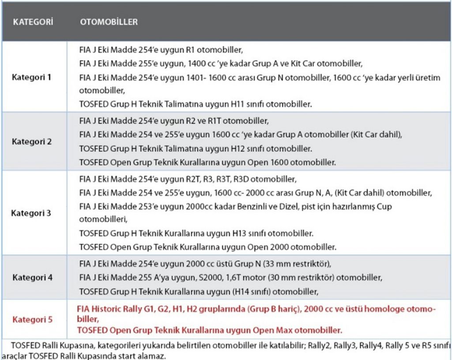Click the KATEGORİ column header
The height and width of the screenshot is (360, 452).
click(x=33, y=22)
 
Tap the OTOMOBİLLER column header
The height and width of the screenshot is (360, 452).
click(x=109, y=22)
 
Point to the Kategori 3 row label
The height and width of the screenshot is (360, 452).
click(x=31, y=213)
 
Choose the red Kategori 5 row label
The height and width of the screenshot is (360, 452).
click(x=32, y=319)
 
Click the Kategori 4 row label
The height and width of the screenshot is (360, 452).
click(x=32, y=277)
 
